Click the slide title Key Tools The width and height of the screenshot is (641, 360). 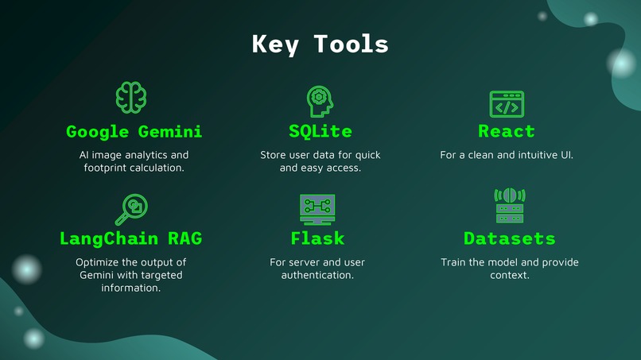click(x=320, y=44)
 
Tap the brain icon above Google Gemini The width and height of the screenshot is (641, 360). click(x=132, y=97)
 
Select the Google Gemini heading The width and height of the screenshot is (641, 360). click(x=134, y=131)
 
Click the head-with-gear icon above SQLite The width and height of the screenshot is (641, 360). click(x=320, y=102)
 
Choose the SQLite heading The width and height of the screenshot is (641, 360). click(x=320, y=131)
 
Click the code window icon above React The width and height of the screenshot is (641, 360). click(x=506, y=104)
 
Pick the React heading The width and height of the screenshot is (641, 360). click(x=506, y=131)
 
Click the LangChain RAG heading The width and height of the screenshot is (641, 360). click(x=130, y=238)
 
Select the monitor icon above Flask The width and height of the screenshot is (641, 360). click(x=317, y=209)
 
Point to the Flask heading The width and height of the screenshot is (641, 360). click(x=317, y=238)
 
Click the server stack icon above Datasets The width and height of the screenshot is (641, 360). click(x=509, y=206)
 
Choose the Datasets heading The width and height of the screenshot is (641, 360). click(x=509, y=238)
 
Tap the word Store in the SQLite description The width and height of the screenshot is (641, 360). click(x=273, y=155)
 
